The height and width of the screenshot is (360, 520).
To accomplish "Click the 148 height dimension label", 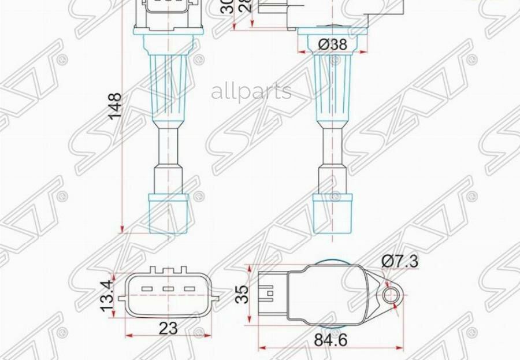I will [x=116, y=106].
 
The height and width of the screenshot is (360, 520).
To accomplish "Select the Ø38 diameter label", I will [x=332, y=44].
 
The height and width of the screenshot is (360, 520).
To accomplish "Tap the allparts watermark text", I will [x=251, y=91].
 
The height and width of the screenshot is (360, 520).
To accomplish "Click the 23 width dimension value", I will [x=168, y=328].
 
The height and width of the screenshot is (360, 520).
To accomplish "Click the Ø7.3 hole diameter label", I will [x=400, y=261].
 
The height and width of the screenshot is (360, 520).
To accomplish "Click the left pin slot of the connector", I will [x=147, y=290].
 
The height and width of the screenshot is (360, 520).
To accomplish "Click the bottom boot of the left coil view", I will [x=168, y=213].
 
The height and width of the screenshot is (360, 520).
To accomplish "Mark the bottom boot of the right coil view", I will [x=333, y=213].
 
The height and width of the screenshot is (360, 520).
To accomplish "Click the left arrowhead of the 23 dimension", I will [x=128, y=335].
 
